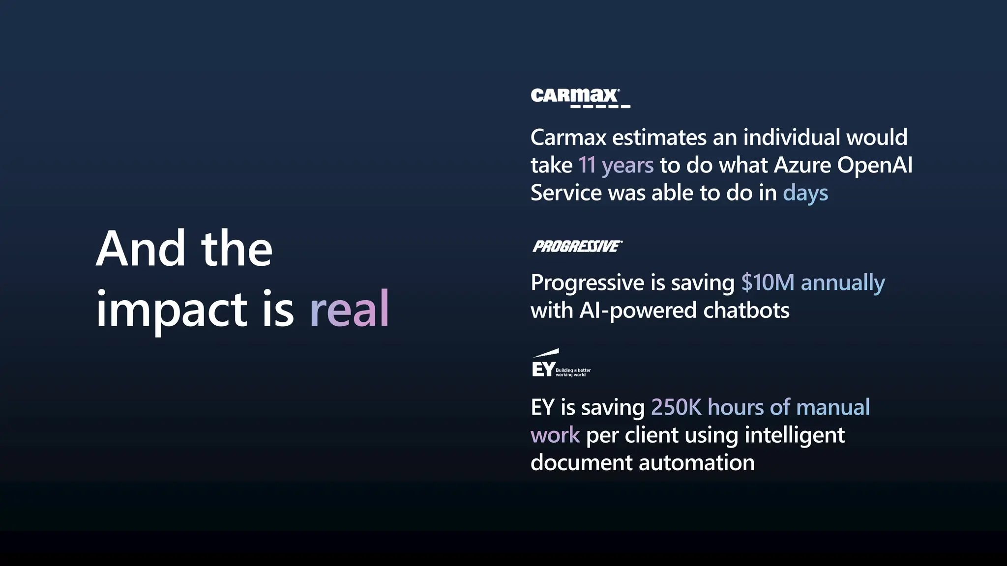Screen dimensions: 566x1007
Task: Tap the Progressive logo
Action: click(x=577, y=246)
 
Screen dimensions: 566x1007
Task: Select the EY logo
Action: click(x=561, y=364)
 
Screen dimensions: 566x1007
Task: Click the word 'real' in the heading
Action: click(x=350, y=309)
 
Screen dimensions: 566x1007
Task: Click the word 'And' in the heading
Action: click(x=141, y=249)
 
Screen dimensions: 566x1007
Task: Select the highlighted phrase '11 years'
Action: click(x=616, y=165)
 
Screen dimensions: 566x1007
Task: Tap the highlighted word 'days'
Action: click(x=805, y=193)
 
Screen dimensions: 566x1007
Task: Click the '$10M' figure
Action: click(x=768, y=283)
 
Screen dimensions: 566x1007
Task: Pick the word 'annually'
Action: click(x=843, y=283)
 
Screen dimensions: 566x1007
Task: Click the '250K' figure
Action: click(x=676, y=407)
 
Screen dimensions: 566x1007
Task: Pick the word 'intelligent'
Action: click(x=795, y=436)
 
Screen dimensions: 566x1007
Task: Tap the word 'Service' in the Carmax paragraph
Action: click(x=566, y=193)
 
